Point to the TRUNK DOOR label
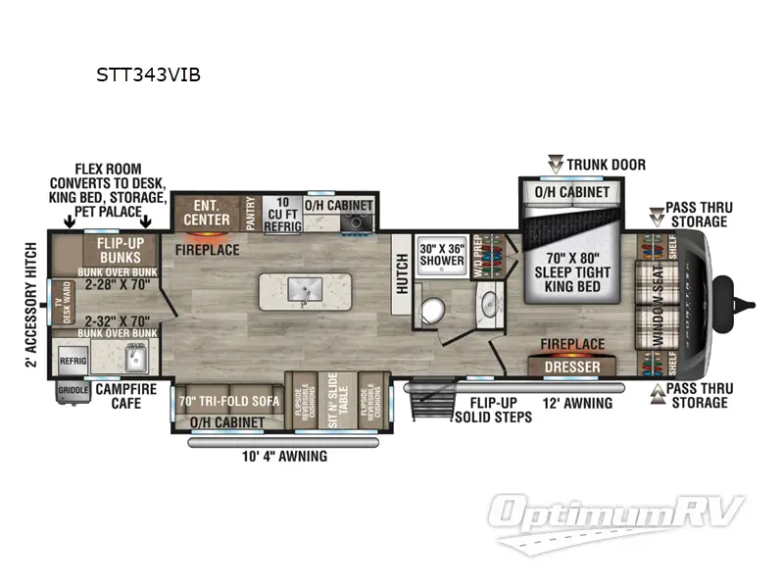(x=609, y=164)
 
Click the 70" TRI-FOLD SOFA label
(x=229, y=400)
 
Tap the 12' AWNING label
(x=578, y=403)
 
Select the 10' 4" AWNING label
(x=285, y=457)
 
